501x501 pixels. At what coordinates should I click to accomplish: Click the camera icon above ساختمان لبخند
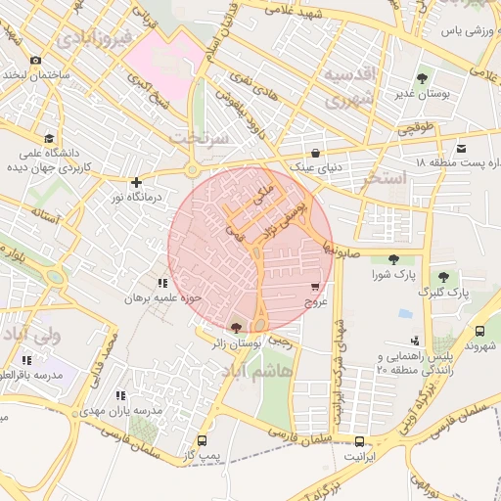[x=36, y=60]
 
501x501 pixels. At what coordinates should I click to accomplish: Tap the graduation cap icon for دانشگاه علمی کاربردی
[x=50, y=138]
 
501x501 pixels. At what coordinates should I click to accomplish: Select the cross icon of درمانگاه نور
[x=136, y=182]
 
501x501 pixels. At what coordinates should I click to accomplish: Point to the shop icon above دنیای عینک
[x=315, y=154]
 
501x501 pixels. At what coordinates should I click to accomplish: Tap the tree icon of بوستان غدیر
[x=422, y=76]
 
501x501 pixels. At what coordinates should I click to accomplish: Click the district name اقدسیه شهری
[x=349, y=88]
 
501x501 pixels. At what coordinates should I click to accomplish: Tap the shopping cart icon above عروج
[x=314, y=288]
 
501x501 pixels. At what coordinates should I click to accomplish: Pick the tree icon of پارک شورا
[x=393, y=259]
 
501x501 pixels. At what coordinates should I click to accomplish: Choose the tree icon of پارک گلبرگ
[x=444, y=277]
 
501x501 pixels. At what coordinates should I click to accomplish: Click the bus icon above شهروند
[x=480, y=332]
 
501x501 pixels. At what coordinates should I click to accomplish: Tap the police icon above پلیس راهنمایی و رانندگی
[x=416, y=341]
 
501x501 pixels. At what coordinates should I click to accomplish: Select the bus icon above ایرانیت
[x=360, y=441]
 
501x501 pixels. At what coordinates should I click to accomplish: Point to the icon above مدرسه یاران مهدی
[x=121, y=395]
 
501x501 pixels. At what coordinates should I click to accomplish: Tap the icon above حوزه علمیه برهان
[x=176, y=283]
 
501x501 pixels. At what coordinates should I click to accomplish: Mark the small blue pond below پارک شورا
[x=405, y=314]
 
